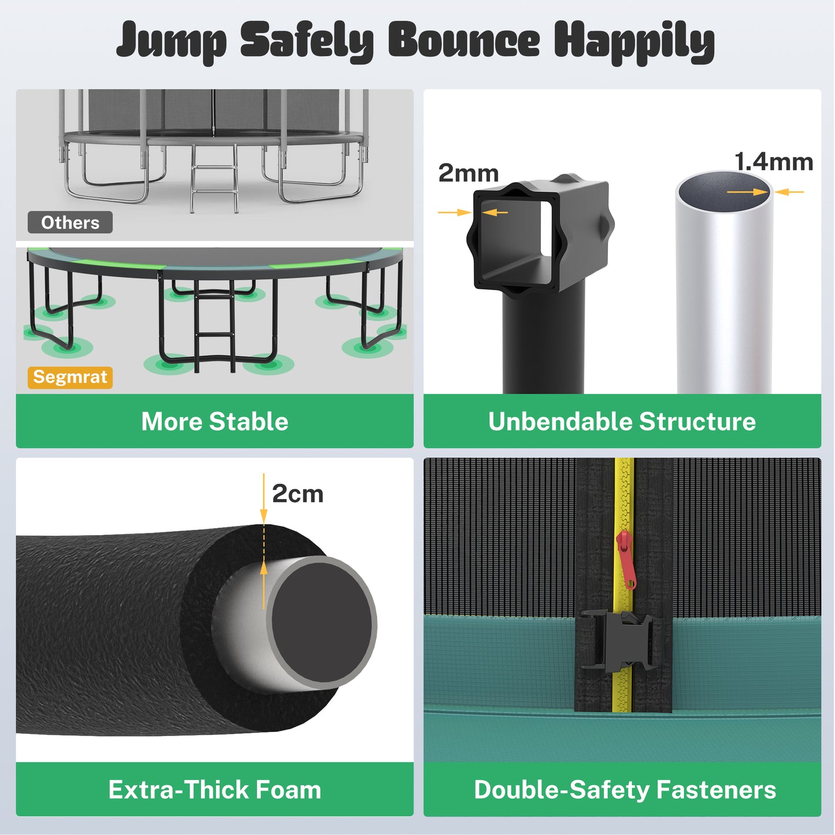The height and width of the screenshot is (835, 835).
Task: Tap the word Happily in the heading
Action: (x=634, y=42)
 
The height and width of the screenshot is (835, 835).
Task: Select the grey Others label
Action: (x=70, y=222)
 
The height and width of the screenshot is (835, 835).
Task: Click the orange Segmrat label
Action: (x=70, y=377)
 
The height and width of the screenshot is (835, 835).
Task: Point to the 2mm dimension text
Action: (x=468, y=173)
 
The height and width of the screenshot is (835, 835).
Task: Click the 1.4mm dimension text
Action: (x=773, y=162)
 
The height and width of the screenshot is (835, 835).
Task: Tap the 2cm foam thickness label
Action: (x=298, y=494)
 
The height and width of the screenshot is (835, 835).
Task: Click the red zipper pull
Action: (x=626, y=559)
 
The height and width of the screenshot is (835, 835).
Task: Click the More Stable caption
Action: (x=214, y=421)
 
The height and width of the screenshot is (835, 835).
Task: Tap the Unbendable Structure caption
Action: (x=622, y=421)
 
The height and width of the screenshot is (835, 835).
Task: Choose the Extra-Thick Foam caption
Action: (x=214, y=789)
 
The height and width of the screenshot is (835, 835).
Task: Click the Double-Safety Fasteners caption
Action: (x=625, y=789)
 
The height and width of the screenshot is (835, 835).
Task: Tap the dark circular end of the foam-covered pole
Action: (x=321, y=623)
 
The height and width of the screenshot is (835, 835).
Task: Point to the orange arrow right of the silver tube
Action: (x=789, y=192)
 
